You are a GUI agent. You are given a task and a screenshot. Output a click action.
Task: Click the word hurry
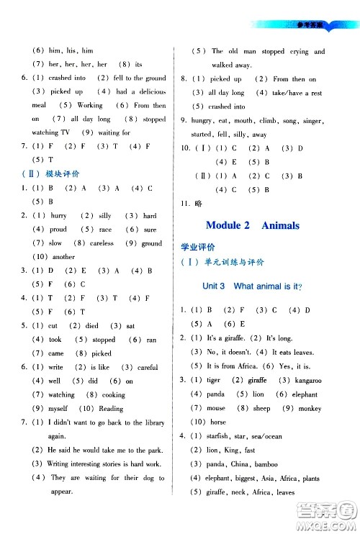pos(58,216)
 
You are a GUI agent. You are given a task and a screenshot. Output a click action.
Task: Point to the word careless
pos(102,243)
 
